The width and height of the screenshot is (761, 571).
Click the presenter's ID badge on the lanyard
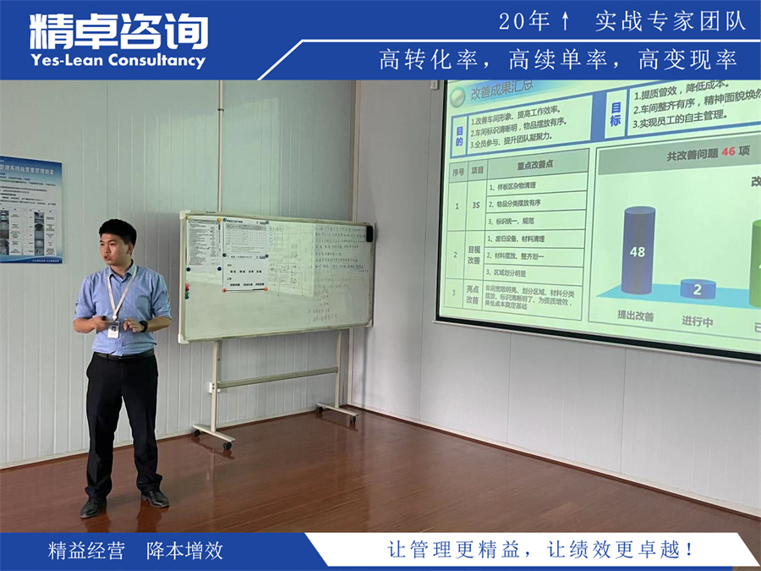(x=113, y=329)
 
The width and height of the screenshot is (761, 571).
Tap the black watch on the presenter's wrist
(x=144, y=326)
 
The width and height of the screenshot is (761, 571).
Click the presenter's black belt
(x=123, y=354)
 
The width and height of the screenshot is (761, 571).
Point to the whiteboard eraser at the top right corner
(x=369, y=232)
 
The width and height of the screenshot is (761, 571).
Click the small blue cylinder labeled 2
(x=698, y=288)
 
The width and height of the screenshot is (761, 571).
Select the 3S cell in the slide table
(x=478, y=203)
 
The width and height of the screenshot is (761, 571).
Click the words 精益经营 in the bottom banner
(x=86, y=551)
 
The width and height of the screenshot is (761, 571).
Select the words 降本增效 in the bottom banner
(x=184, y=551)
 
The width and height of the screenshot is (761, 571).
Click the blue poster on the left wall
(x=30, y=209)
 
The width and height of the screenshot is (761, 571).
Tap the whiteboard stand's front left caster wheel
(x=227, y=444)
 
